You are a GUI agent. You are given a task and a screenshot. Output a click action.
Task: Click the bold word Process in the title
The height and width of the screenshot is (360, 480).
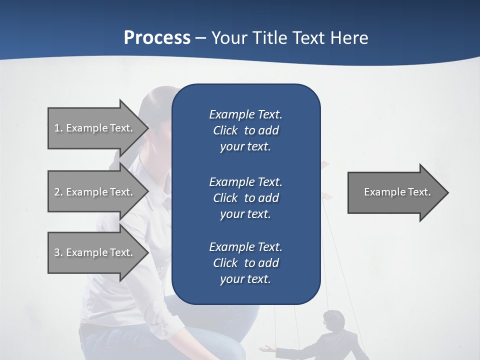[x=157, y=38]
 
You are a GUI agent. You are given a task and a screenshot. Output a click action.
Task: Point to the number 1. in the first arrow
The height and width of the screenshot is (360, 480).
[x=58, y=128]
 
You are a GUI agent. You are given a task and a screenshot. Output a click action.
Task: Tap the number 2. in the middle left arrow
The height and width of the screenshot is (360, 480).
[x=58, y=192]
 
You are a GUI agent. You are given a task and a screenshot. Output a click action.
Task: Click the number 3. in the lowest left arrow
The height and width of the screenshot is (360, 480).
[x=58, y=252]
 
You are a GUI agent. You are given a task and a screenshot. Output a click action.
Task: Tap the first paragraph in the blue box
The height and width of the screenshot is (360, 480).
[x=245, y=130]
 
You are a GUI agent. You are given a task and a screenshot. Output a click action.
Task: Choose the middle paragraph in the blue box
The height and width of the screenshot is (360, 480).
[x=245, y=197]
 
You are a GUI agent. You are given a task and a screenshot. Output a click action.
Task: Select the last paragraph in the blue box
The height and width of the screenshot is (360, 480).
[x=245, y=263]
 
